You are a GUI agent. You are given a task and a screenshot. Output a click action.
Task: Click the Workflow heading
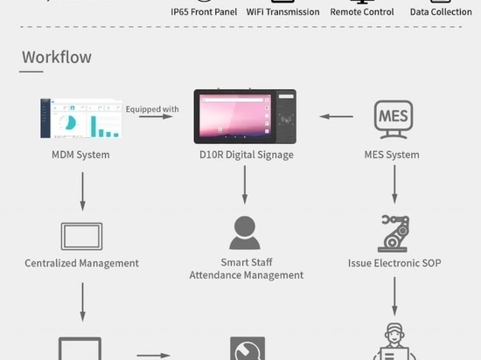[x=57, y=57]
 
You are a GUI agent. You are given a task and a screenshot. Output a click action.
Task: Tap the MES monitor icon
[x=394, y=119]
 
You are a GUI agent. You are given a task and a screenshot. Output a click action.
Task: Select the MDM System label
[x=80, y=155]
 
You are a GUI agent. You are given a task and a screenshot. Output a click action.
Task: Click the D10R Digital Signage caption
[x=247, y=155]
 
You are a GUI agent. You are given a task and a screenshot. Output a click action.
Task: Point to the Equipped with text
[x=152, y=109]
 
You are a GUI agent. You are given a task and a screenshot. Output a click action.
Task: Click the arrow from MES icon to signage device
[x=336, y=116]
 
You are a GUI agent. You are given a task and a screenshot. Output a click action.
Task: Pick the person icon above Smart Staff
[x=245, y=232]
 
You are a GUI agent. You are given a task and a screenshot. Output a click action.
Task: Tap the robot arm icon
[x=394, y=233]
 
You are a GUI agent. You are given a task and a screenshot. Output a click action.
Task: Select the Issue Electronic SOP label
[x=394, y=263]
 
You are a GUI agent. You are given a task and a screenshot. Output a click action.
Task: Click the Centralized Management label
[x=81, y=263]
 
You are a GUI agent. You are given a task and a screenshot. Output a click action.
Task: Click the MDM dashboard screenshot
[x=81, y=118]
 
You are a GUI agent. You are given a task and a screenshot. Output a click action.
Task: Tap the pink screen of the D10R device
[x=235, y=115]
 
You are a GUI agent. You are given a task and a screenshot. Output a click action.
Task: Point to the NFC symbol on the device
[x=286, y=119]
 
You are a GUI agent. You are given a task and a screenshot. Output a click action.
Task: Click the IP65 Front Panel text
[x=204, y=12]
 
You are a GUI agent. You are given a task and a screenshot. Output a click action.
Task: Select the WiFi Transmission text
[x=282, y=12]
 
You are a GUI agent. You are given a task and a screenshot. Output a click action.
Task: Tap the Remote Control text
[x=362, y=12]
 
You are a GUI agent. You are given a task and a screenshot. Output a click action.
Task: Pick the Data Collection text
[x=441, y=12]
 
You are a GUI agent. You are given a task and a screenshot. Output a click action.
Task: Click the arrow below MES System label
[x=394, y=184]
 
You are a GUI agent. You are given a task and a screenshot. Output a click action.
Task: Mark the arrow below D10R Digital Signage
[x=245, y=184]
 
